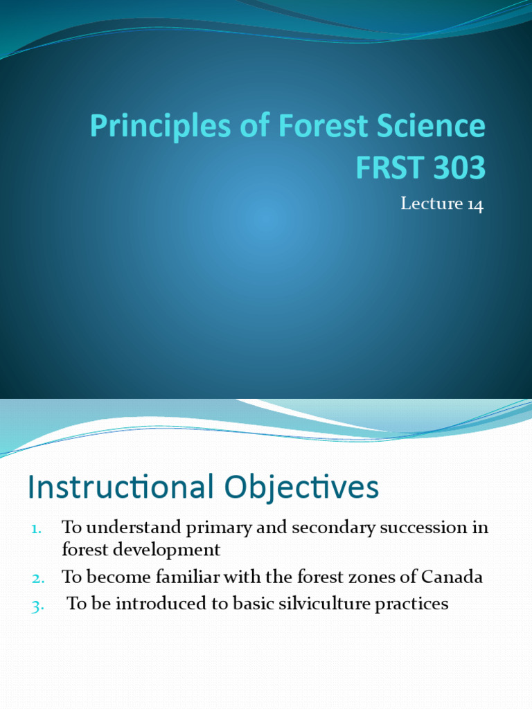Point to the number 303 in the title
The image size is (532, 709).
(457, 168)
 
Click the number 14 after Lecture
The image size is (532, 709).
(475, 204)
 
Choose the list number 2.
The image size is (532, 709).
(37, 577)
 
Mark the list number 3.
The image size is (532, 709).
(37, 605)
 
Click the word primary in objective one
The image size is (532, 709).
(212, 528)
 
